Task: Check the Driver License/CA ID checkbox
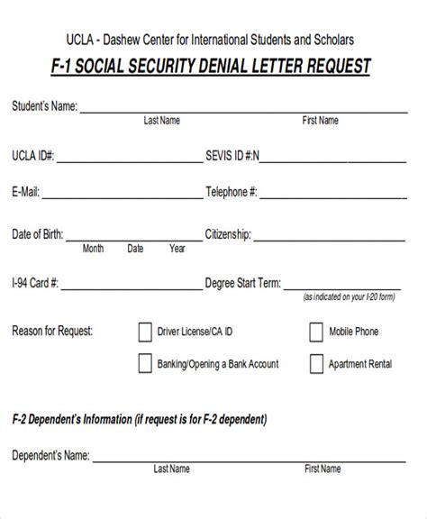click(x=145, y=332)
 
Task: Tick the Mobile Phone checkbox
click(x=315, y=332)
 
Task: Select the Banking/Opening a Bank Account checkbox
click(x=145, y=364)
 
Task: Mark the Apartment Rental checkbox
click(x=315, y=364)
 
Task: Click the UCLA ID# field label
click(x=33, y=155)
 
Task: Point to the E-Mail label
click(x=25, y=191)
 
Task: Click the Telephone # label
click(x=232, y=191)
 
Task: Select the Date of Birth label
click(x=37, y=234)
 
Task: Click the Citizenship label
click(x=228, y=234)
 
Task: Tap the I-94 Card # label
click(x=35, y=282)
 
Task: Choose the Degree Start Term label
click(x=243, y=282)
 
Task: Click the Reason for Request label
click(x=52, y=331)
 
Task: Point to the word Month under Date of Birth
click(x=93, y=249)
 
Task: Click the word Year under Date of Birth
click(x=177, y=249)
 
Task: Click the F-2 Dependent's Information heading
click(x=139, y=419)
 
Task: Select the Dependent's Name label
click(x=50, y=456)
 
